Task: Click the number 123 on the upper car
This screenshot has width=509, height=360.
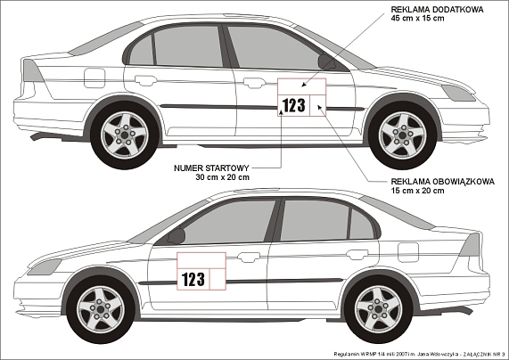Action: (x=294, y=105)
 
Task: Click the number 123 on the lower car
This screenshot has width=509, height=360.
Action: (x=193, y=279)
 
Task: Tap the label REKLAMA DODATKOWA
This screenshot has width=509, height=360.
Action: (x=438, y=10)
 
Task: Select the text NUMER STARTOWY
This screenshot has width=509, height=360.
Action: (x=211, y=168)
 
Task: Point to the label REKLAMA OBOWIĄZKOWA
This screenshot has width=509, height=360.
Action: (x=443, y=181)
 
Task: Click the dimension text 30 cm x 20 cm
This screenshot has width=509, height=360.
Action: (x=222, y=177)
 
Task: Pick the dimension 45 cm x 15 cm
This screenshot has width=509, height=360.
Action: (x=417, y=18)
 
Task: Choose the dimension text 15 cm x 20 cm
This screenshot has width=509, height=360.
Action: (x=417, y=191)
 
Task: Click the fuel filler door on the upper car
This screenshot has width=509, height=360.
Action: (x=94, y=78)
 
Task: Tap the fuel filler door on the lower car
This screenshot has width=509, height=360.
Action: (x=408, y=252)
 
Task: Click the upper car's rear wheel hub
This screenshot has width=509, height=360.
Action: (x=125, y=135)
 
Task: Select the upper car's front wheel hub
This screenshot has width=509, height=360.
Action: (x=403, y=135)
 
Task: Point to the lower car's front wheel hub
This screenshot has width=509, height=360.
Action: (x=101, y=309)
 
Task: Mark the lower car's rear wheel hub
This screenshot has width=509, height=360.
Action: (x=378, y=309)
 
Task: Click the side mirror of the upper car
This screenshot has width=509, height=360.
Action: (x=326, y=62)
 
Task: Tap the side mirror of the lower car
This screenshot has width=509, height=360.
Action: (x=177, y=236)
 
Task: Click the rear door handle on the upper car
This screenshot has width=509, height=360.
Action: (x=146, y=80)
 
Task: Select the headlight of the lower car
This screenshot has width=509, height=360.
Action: (x=45, y=266)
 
